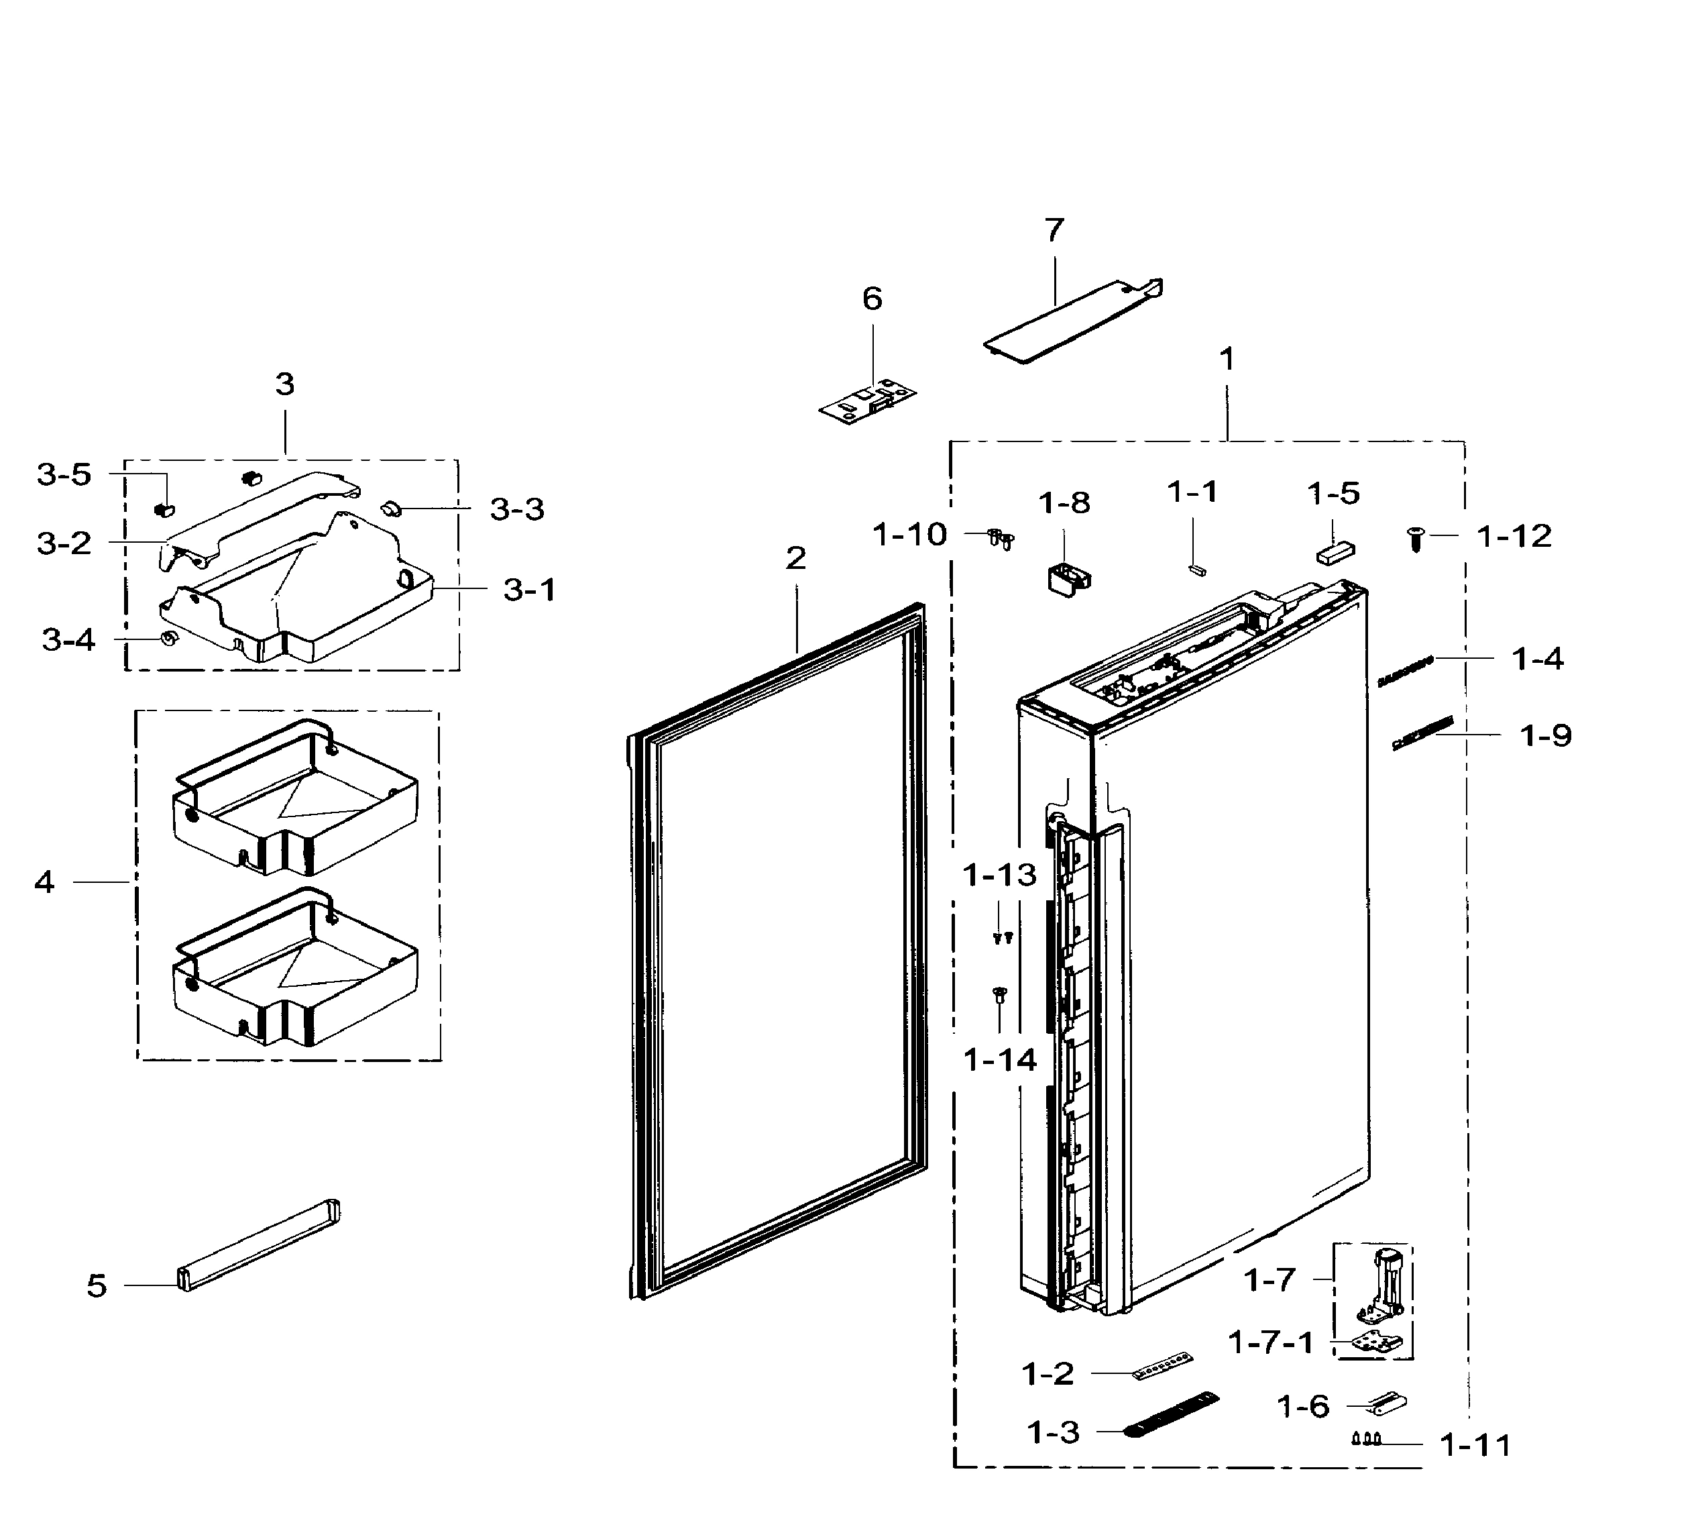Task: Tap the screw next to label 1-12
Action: (1416, 538)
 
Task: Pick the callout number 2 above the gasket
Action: (795, 558)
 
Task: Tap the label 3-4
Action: (69, 641)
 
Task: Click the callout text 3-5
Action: (64, 475)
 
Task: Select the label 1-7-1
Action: (1271, 1342)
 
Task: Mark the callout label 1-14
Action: (1001, 1061)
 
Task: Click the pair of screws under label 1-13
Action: (1002, 938)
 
